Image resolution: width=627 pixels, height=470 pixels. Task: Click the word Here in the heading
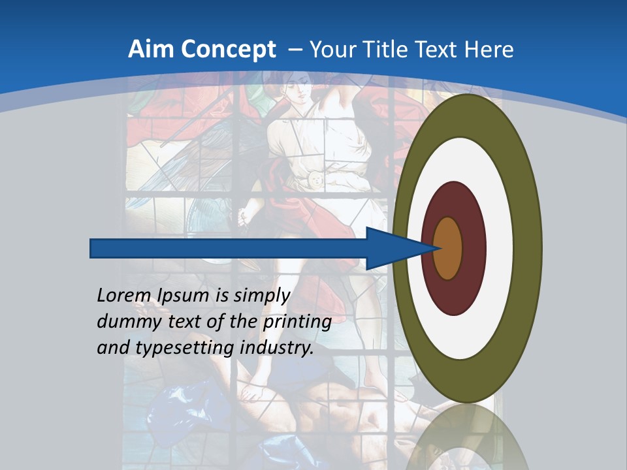tap(487, 50)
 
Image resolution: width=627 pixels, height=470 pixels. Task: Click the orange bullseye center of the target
tap(447, 248)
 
